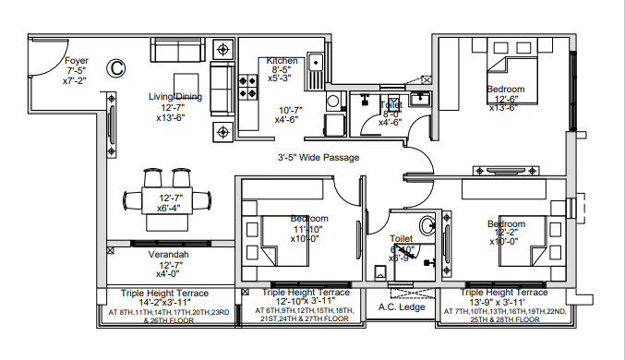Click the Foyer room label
click(x=77, y=60)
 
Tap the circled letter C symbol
click(x=116, y=66)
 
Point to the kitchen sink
click(x=316, y=62)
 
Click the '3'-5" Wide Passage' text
click(x=319, y=158)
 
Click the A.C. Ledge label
click(x=400, y=307)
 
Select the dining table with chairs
click(x=166, y=198)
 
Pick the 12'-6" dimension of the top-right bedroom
click(x=506, y=100)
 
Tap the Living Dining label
click(x=175, y=96)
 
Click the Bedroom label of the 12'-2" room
click(x=506, y=223)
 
